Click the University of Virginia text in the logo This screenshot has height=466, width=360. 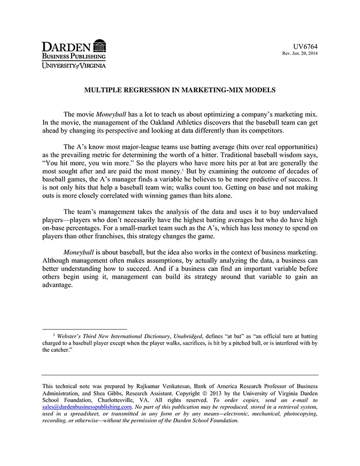(74, 65)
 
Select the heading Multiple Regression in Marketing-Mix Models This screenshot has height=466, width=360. (180, 90)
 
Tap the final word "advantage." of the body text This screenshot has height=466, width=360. (60, 286)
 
